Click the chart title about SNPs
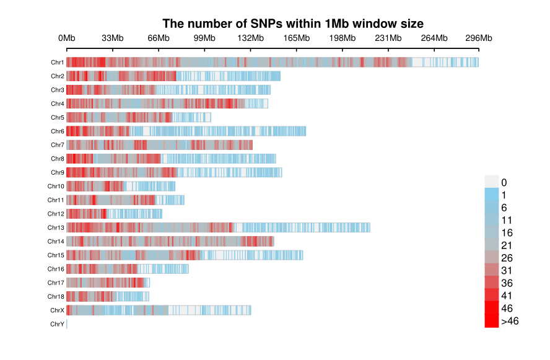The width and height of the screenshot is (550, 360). point(293,24)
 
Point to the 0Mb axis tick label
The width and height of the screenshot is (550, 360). point(67,38)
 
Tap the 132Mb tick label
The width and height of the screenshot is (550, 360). point(251,38)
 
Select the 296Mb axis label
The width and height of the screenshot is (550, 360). point(479,38)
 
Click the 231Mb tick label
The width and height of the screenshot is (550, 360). point(388,38)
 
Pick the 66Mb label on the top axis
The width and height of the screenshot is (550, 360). point(159,38)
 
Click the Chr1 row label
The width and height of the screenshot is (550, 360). point(58,63)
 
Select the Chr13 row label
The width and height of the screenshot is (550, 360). point(56,227)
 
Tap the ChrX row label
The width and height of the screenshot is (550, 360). point(57,310)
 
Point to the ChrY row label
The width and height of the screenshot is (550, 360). point(57,324)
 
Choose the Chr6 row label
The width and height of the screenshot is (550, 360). point(58,131)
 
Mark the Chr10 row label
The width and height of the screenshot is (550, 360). point(56,186)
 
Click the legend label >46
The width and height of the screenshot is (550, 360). point(510,321)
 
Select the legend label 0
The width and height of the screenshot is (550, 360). point(504,182)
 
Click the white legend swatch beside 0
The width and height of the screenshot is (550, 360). point(492,181)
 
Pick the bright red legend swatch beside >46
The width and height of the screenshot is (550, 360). point(492,321)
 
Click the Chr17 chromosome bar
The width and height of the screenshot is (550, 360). point(108,283)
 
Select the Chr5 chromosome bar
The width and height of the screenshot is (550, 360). point(139,117)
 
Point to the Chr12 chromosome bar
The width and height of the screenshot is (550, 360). point(114,214)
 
